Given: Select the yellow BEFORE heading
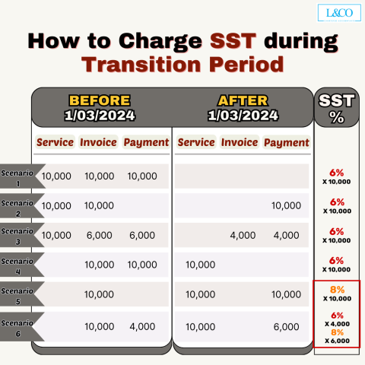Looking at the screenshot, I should tap(100, 100).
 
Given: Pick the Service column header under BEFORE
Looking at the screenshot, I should tap(55, 142).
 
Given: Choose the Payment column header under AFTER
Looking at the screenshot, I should tap(286, 142).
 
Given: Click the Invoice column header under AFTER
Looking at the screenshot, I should tap(240, 142).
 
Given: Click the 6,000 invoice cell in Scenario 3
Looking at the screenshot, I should tap(99, 235).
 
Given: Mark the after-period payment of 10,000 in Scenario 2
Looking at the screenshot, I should tap(286, 205).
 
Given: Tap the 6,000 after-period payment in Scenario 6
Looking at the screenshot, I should tap(286, 327).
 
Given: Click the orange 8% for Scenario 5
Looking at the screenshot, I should tap(338, 289).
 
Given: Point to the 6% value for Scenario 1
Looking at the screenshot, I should tap(338, 173).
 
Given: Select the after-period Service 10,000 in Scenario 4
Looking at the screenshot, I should tap(201, 264).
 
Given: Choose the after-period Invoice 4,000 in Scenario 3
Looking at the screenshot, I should tap(242, 235).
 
